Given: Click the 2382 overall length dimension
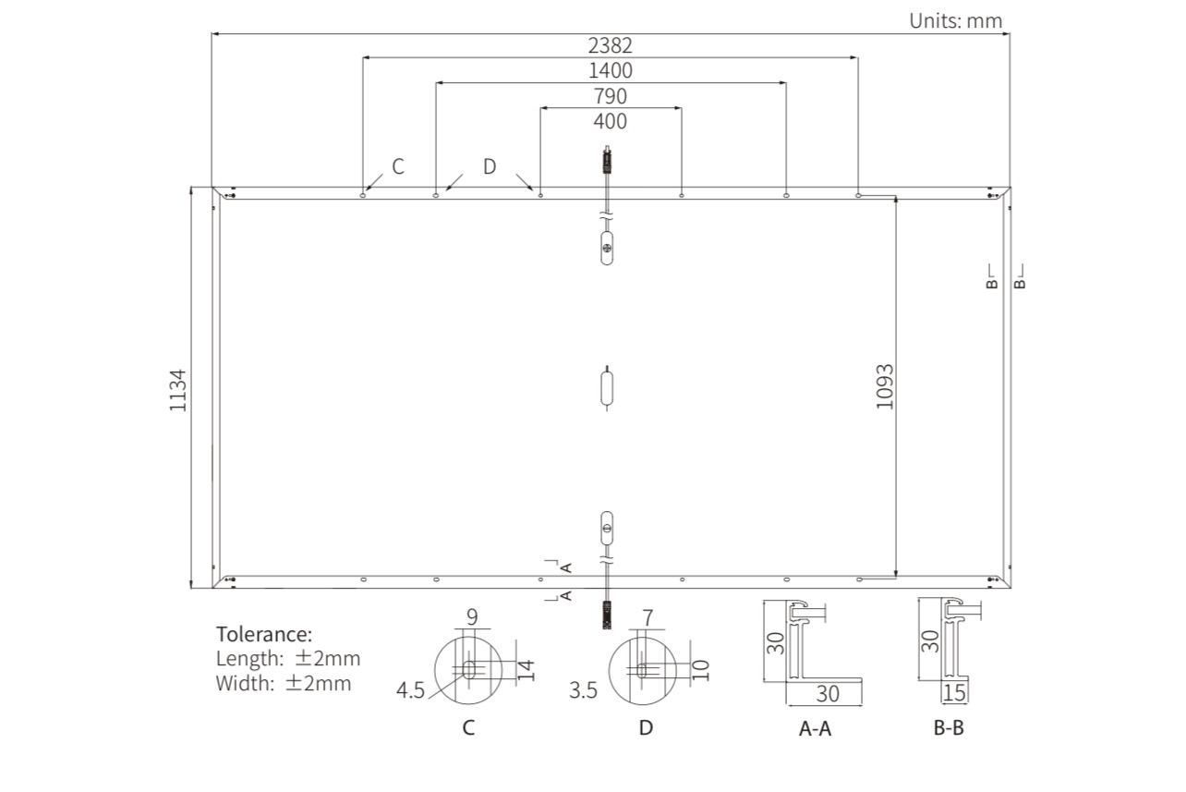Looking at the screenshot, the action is pyautogui.click(x=610, y=45).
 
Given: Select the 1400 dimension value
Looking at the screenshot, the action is pyautogui.click(x=610, y=70).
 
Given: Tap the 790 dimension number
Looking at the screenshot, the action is pyautogui.click(x=610, y=96).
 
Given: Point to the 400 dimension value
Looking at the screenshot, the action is pyautogui.click(x=610, y=121).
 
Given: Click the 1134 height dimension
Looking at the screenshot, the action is pyautogui.click(x=178, y=390).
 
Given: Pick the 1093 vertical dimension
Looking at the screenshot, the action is pyautogui.click(x=885, y=386).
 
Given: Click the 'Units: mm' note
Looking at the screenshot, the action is pyautogui.click(x=956, y=21).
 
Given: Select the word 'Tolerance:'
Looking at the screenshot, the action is pyautogui.click(x=264, y=634).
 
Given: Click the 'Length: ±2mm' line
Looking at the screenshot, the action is pyautogui.click(x=288, y=659).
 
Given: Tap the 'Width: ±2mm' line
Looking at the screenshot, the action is pyautogui.click(x=284, y=683).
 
